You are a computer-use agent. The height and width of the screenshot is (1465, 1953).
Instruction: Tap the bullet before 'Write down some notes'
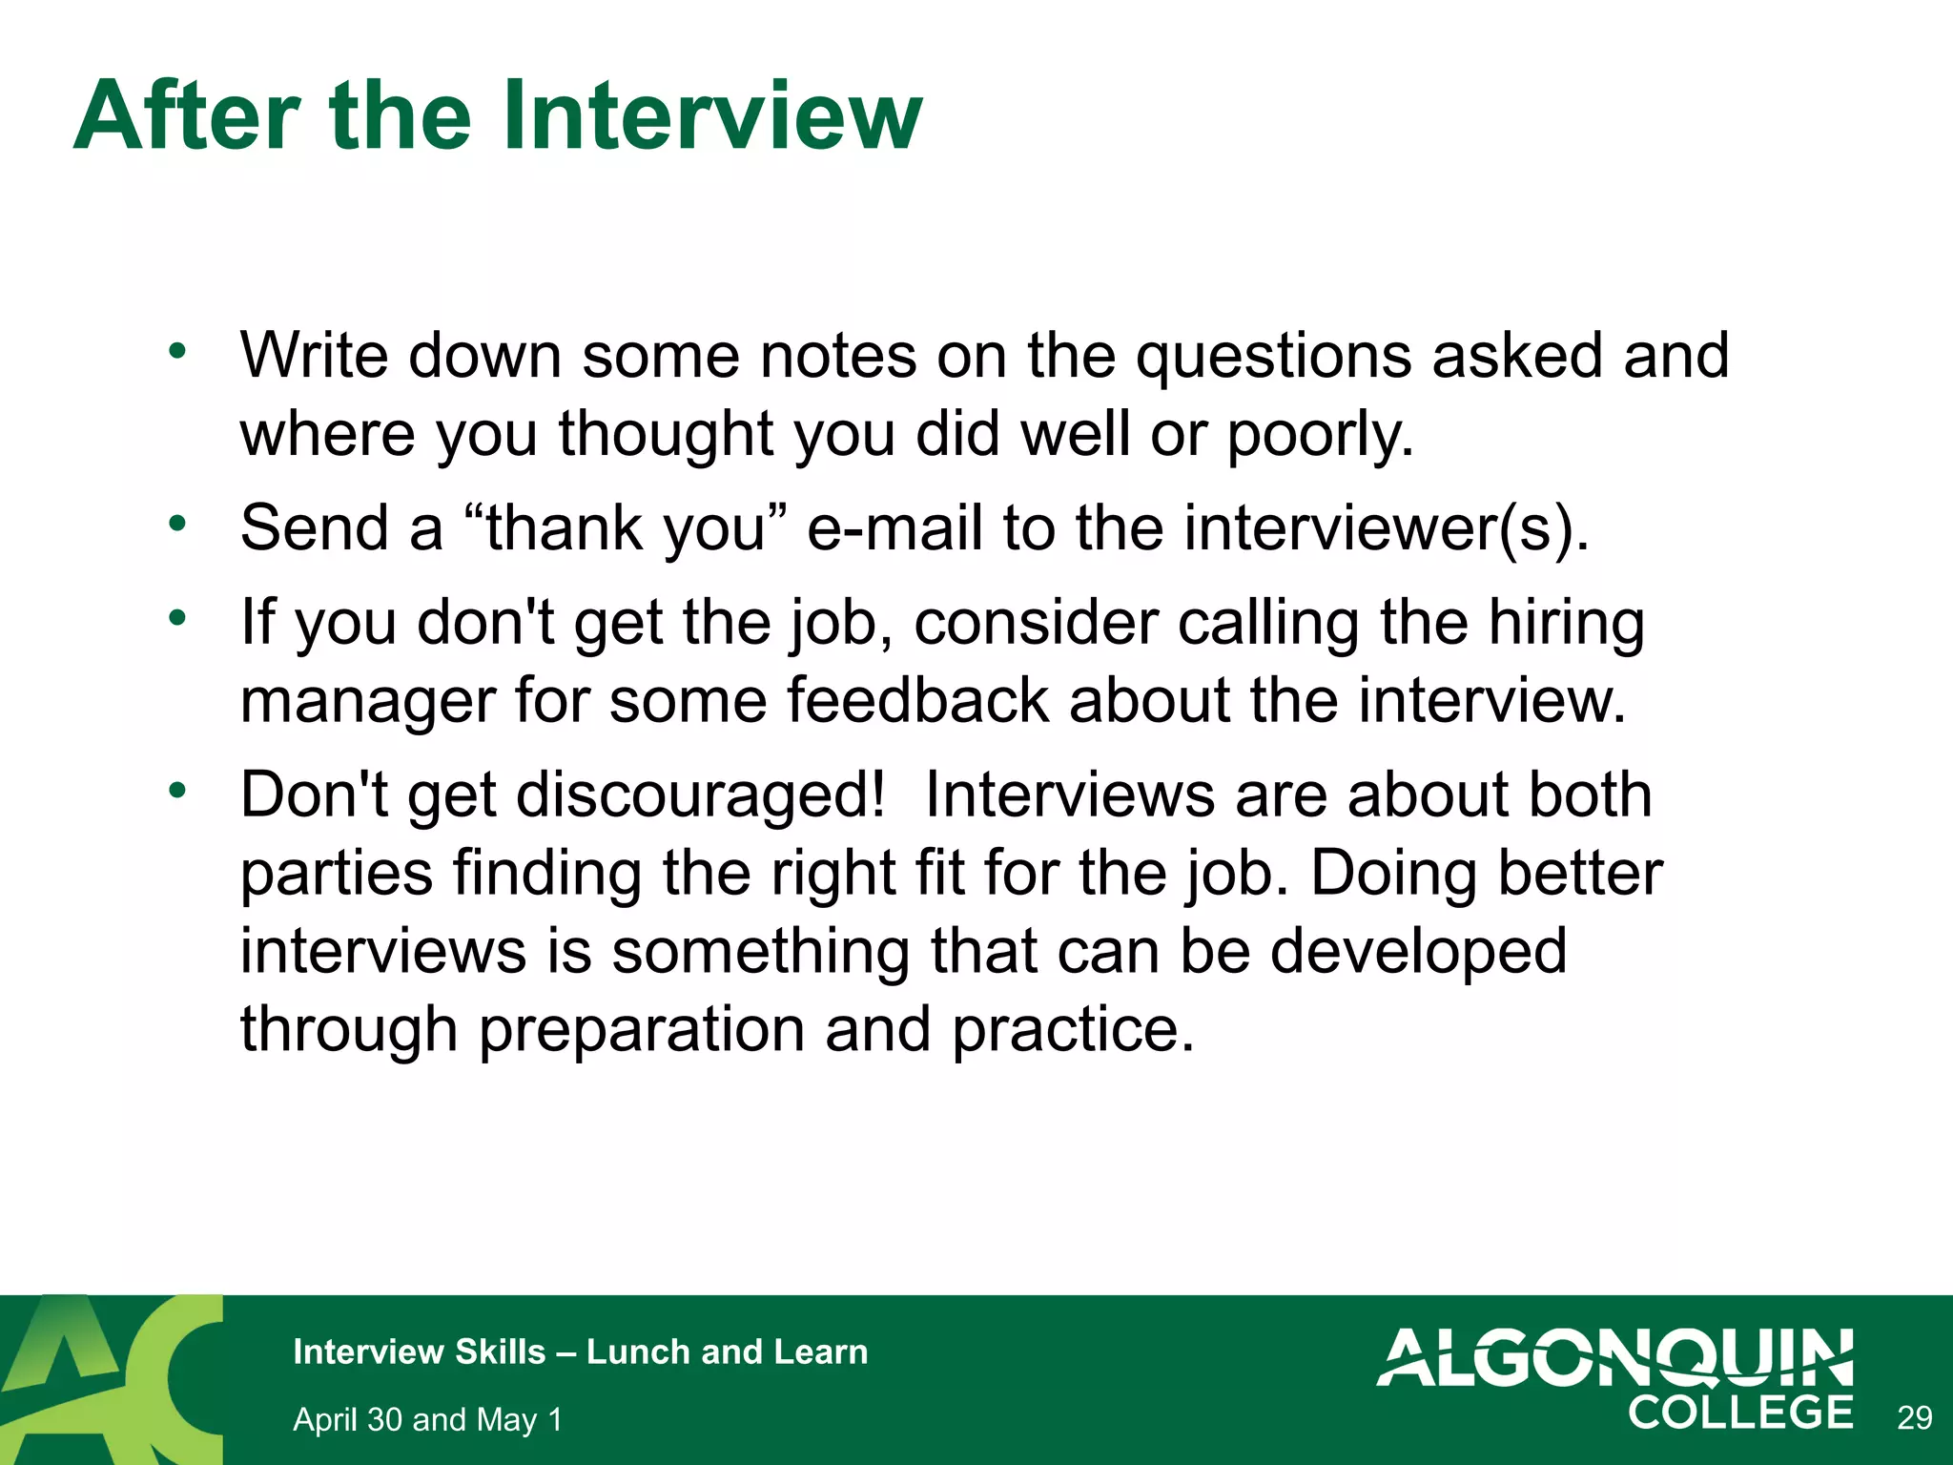tap(176, 352)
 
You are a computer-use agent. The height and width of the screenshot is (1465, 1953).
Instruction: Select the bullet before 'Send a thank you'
tap(176, 524)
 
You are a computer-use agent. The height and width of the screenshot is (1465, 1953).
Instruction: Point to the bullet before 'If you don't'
tap(176, 618)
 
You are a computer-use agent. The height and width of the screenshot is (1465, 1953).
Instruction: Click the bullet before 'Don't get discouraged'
tap(176, 791)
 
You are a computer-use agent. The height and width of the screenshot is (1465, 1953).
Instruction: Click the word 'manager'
tap(367, 702)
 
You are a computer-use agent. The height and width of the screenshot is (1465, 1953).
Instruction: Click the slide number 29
tap(1914, 1418)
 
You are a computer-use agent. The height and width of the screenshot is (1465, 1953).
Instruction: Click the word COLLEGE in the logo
tap(1740, 1413)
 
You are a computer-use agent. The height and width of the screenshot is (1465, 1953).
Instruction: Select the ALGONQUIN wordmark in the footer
tap(1614, 1357)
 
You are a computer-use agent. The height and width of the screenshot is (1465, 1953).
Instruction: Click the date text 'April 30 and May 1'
tap(427, 1419)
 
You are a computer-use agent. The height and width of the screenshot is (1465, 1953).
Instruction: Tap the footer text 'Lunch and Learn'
tap(727, 1352)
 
